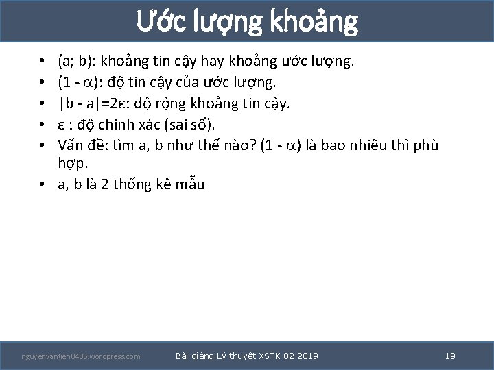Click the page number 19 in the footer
tap(450, 356)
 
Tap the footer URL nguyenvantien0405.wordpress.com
tap(81, 356)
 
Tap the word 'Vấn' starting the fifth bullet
tap(71, 145)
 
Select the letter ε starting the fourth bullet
tap(62, 125)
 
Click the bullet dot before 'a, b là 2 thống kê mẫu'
tap(43, 185)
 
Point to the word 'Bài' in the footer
tap(183, 356)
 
